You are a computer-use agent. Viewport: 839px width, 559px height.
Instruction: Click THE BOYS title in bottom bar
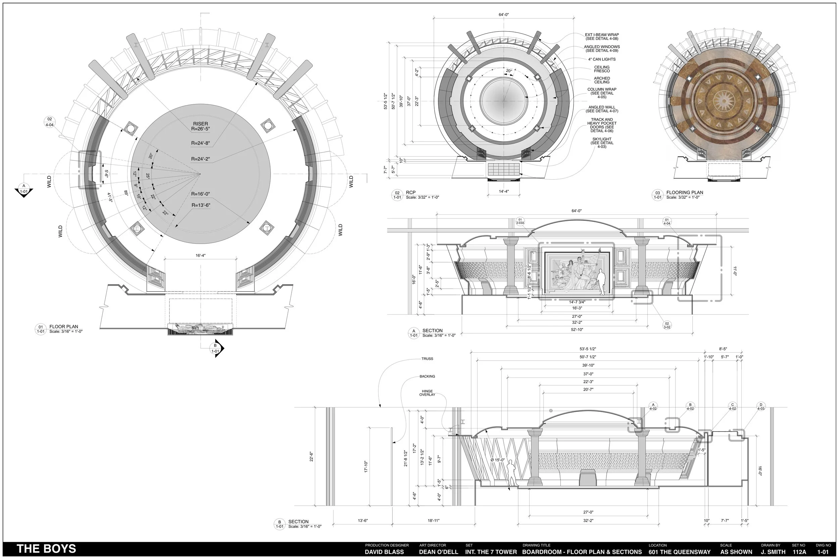(46, 549)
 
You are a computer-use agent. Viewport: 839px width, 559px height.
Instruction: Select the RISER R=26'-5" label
(200, 126)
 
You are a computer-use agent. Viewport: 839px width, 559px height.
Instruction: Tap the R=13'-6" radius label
(201, 205)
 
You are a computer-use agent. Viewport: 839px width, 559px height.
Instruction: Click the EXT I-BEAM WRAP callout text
(601, 37)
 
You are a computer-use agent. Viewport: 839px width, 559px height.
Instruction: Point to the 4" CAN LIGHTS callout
(601, 59)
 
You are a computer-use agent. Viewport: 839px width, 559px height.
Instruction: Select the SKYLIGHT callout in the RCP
(601, 143)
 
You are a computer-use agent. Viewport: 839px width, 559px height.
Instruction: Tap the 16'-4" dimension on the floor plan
(200, 256)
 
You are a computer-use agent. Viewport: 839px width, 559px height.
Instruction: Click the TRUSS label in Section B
(427, 359)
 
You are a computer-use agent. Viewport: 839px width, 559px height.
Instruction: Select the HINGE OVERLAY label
(427, 393)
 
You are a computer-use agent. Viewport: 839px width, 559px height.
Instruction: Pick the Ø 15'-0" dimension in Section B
(497, 460)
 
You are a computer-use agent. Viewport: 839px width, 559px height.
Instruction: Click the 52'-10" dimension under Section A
(577, 330)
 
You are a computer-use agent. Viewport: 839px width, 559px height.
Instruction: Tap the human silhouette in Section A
(602, 282)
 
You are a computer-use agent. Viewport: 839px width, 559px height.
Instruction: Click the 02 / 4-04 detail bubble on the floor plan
(50, 122)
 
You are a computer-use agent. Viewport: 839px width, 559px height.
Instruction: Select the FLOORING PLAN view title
(684, 193)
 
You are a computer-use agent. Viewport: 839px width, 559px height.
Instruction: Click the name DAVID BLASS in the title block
(384, 552)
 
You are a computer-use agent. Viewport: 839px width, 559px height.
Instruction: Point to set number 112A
(799, 552)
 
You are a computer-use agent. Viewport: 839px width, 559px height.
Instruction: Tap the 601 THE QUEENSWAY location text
(679, 552)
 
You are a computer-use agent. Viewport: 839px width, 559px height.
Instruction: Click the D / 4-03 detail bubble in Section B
(760, 407)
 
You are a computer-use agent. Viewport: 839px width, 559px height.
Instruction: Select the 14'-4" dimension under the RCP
(503, 192)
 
